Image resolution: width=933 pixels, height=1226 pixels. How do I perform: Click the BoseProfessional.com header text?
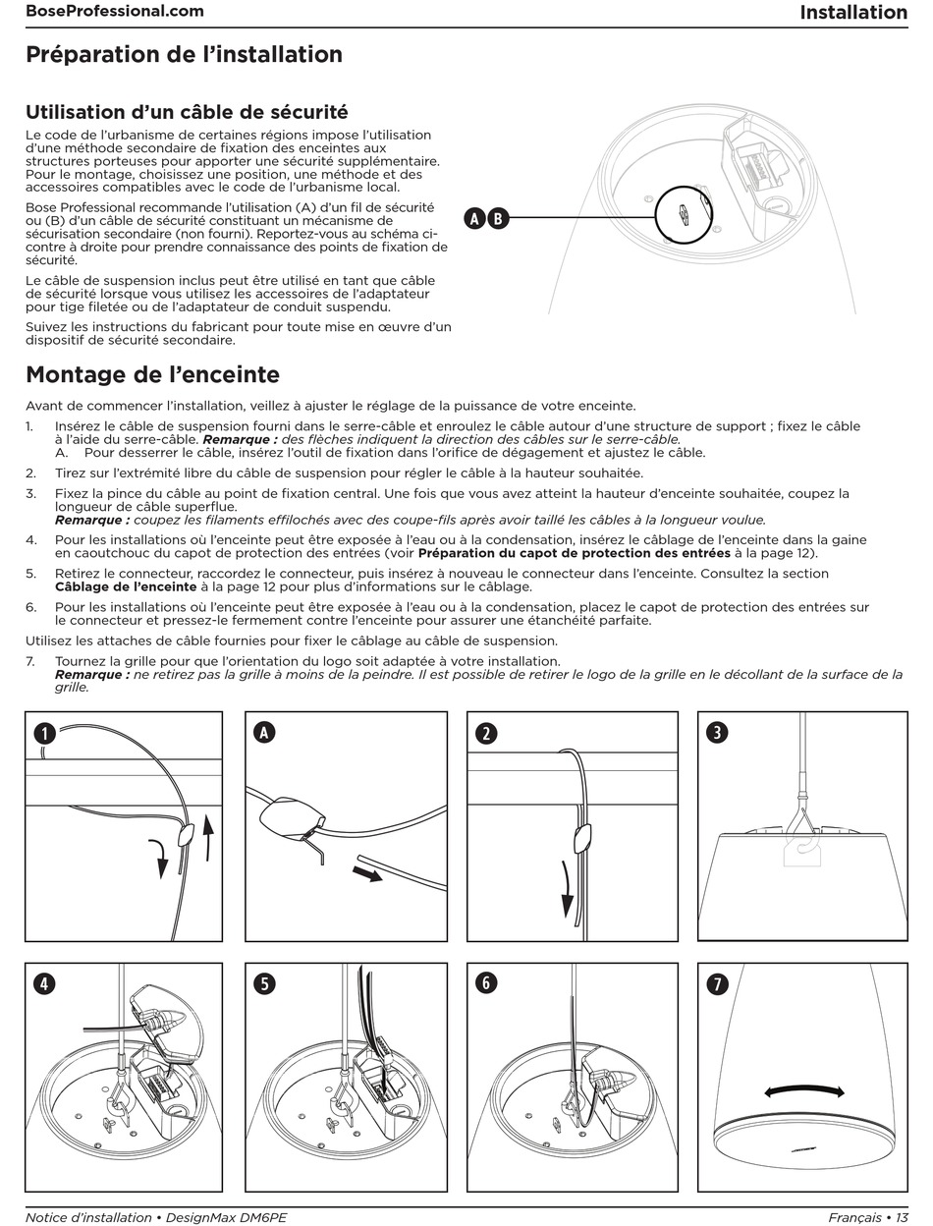[115, 12]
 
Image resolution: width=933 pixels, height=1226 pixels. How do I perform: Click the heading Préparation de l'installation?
[184, 54]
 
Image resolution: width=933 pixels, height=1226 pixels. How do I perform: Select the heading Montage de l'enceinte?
[152, 374]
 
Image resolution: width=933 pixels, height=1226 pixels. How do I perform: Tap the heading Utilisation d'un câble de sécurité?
[187, 112]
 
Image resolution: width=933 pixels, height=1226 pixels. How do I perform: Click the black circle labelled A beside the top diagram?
[475, 218]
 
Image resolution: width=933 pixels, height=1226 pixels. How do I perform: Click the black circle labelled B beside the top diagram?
[498, 218]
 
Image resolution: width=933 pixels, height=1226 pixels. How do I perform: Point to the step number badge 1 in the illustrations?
[44, 733]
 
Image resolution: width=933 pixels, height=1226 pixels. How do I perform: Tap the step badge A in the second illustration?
[263, 732]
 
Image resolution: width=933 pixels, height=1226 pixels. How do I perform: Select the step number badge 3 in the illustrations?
[718, 733]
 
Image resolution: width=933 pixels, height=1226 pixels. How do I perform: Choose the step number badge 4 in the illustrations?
[44, 983]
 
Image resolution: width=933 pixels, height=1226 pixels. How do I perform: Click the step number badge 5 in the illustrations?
[263, 983]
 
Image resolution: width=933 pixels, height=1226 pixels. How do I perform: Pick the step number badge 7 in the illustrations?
[718, 983]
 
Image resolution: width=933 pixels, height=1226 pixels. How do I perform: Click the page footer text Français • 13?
[866, 1217]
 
